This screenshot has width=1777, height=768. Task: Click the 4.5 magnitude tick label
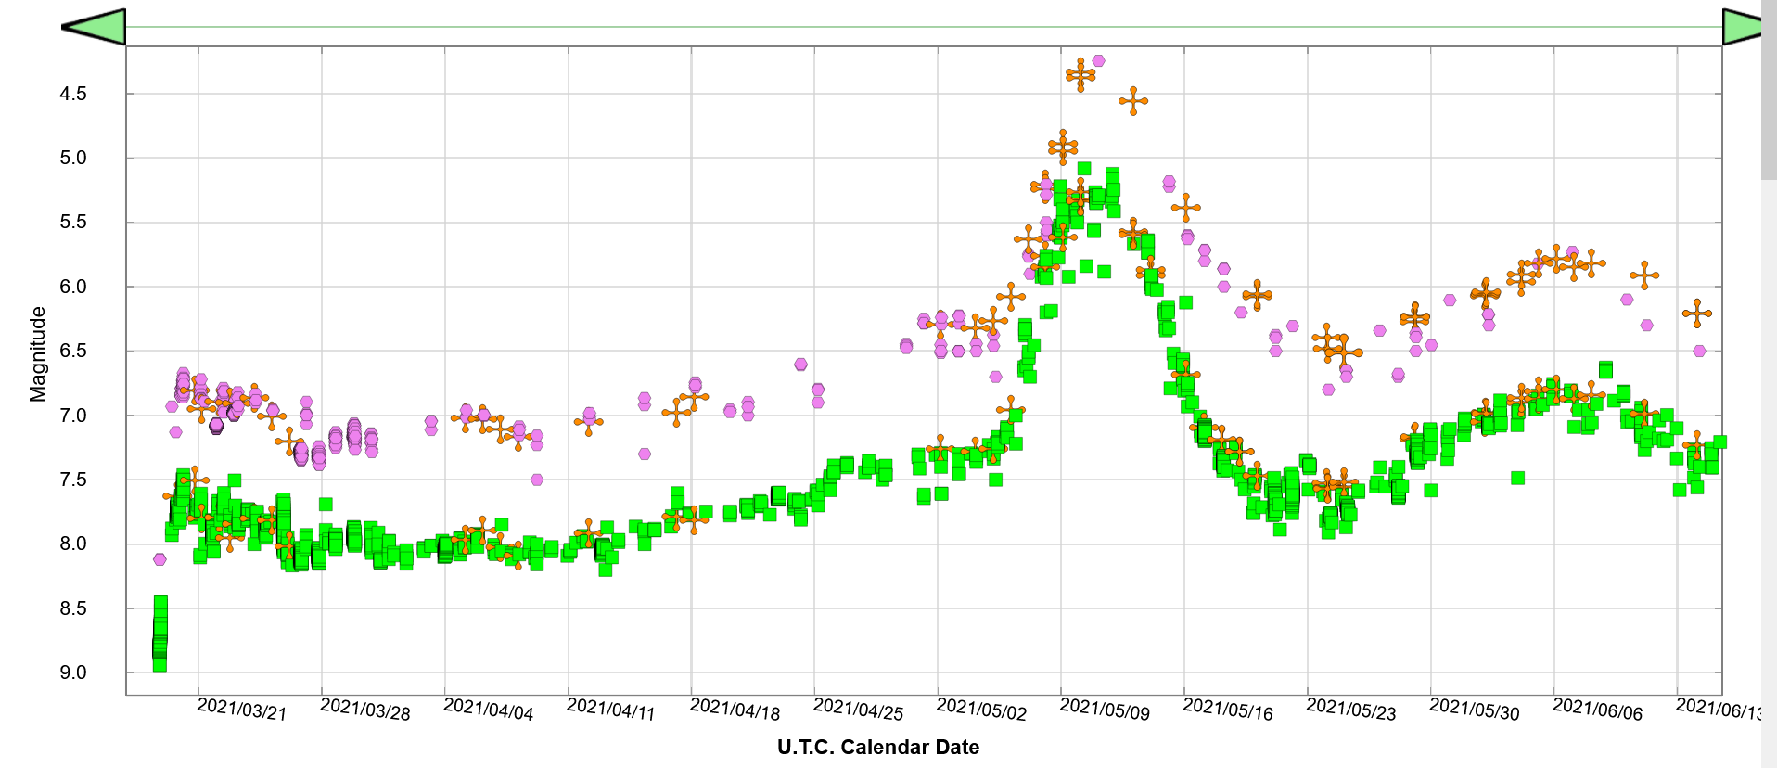point(73,94)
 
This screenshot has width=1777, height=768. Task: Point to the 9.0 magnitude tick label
point(73,672)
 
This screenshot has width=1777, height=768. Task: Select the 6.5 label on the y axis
point(73,351)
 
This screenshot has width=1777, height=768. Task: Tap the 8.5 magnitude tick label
point(73,608)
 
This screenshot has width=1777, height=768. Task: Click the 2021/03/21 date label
point(242,710)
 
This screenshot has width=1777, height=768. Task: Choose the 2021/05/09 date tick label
point(1105,710)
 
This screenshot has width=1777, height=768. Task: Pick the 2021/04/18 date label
point(735,710)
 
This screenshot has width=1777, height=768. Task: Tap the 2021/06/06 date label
point(1597,710)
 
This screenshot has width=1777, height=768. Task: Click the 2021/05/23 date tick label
point(1351,710)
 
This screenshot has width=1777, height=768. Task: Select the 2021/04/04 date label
point(489,710)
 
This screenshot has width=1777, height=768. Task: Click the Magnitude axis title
point(38,354)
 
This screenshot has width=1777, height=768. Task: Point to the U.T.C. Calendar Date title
point(877,748)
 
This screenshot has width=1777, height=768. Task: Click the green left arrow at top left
point(94,27)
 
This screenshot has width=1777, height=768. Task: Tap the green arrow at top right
point(1742,27)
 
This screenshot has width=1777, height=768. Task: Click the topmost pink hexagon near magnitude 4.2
point(1098,60)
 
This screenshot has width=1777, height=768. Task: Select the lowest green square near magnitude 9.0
point(160,665)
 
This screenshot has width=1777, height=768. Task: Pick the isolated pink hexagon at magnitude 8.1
point(160,559)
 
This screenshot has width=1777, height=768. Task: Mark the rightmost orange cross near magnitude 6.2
point(1697,314)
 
